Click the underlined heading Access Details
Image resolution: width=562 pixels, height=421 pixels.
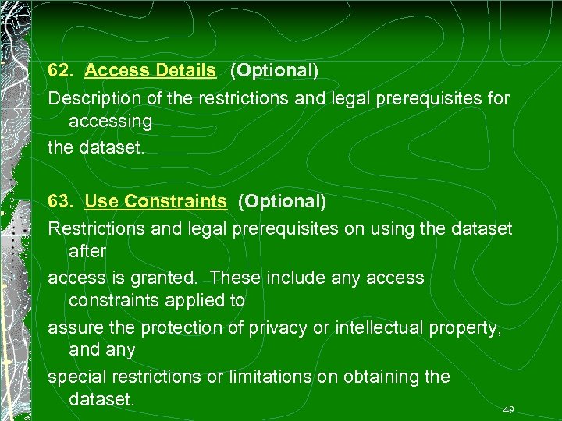150,70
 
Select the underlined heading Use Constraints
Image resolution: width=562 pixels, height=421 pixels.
155,201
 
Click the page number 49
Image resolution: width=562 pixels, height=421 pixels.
509,409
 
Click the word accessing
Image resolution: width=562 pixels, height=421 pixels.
110,122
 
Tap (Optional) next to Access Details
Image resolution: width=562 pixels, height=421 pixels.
274,70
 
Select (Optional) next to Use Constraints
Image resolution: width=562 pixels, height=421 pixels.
282,201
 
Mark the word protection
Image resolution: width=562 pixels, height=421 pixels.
183,327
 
